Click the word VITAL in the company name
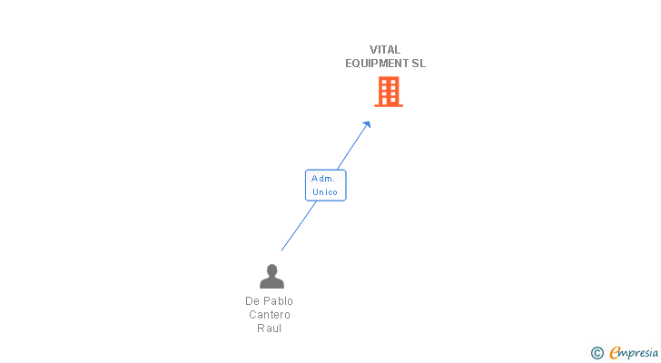385,50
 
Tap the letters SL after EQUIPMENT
419,64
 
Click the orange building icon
389,92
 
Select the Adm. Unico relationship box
325,185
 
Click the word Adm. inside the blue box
323,179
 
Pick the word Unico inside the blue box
324,192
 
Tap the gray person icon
271,276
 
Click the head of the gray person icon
271,270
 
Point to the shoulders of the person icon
271,283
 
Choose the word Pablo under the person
279,300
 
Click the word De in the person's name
252,300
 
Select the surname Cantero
270,314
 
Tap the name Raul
270,328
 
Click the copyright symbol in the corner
597,353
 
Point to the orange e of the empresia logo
616,353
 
